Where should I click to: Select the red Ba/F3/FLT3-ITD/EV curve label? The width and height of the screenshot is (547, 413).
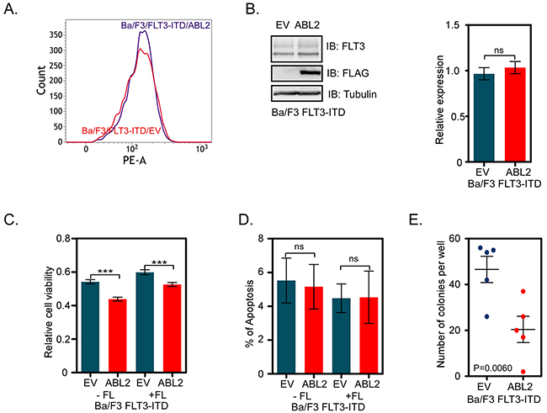click(x=66, y=130)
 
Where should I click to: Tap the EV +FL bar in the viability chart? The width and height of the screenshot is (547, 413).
click(x=145, y=320)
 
